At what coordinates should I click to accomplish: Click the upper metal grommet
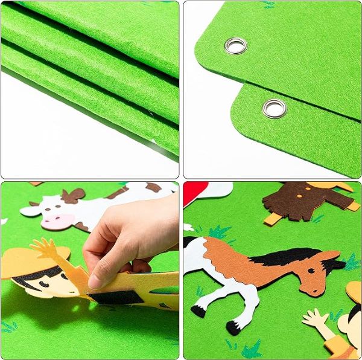pyautogui.click(x=235, y=45)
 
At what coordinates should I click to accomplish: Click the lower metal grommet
pyautogui.click(x=275, y=108)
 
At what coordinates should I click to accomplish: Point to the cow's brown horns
pyautogui.click(x=73, y=194)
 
